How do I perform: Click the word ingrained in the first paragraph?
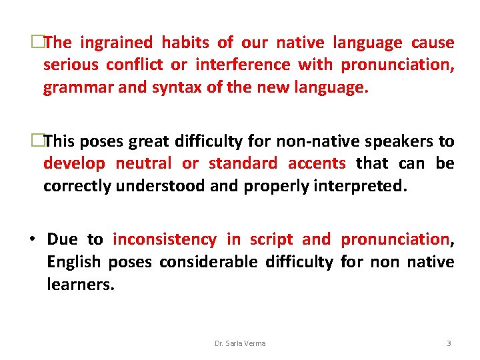117,43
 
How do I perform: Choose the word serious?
70,65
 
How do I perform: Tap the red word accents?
317,163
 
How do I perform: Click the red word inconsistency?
165,240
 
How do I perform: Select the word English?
73,262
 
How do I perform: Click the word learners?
81,285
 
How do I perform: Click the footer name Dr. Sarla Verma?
240,343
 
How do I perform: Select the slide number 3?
449,343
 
